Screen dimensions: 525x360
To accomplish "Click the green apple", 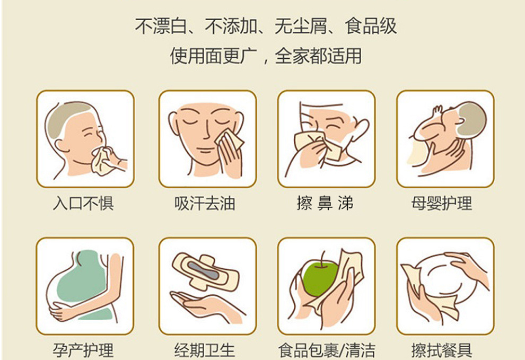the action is (x=319, y=278).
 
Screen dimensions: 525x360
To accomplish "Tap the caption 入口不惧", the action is (x=83, y=203).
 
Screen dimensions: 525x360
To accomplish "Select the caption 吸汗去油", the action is (x=205, y=203).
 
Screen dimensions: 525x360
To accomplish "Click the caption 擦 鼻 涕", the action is (x=325, y=203).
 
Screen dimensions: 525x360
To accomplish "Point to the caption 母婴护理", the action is (x=442, y=203).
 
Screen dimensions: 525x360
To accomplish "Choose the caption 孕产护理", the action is (x=83, y=350).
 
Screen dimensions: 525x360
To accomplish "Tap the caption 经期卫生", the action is (x=205, y=350).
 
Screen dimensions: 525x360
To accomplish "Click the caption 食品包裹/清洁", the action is (x=327, y=350).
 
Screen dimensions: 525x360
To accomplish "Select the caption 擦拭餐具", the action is (x=442, y=350).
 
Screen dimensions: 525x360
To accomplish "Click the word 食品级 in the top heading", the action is (x=371, y=26).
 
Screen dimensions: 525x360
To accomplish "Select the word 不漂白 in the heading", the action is (x=161, y=26).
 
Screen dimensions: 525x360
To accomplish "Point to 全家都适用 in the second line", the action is (x=318, y=56).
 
